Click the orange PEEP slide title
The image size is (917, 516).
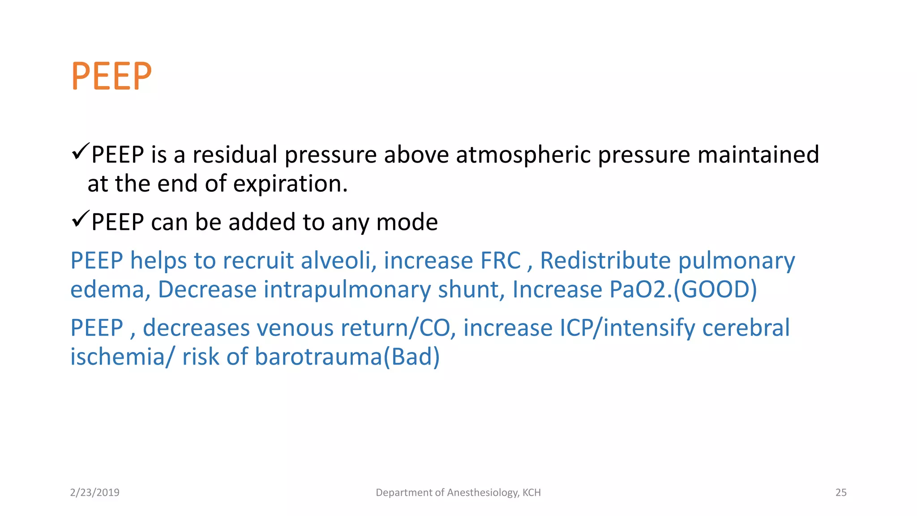coord(111,76)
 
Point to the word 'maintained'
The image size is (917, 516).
coord(758,155)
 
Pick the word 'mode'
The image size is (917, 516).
coord(407,222)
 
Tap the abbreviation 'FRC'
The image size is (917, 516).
coord(501,261)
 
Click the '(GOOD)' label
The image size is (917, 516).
coord(715,290)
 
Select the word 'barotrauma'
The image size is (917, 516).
coord(318,357)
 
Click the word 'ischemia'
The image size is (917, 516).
coord(117,357)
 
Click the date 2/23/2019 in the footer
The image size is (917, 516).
coord(95,493)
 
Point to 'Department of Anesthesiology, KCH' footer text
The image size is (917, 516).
coord(458,493)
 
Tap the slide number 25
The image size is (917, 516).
coord(841,493)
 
